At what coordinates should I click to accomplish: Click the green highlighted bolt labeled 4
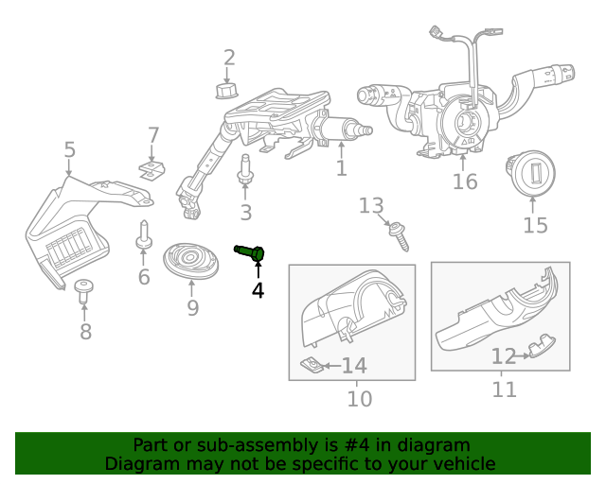point(250,251)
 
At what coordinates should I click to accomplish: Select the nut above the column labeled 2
point(225,91)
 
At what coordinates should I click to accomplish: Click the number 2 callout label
point(229,59)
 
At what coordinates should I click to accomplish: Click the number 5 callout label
point(69,149)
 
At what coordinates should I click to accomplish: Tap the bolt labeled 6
point(143,236)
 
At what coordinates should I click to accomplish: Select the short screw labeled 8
point(83,290)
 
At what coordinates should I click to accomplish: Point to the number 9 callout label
point(192,308)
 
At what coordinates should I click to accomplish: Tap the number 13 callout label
point(371,205)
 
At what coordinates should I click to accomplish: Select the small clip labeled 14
point(310,365)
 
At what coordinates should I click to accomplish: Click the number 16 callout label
point(465,181)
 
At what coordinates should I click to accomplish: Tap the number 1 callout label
point(341,169)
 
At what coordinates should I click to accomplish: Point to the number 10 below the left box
point(360,399)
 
